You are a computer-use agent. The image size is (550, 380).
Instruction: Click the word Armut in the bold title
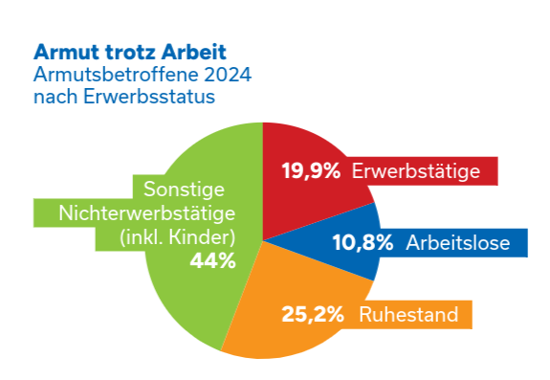click(x=62, y=50)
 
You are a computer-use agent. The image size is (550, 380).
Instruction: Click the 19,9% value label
click(x=311, y=171)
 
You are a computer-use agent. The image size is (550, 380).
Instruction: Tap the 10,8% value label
click(x=362, y=243)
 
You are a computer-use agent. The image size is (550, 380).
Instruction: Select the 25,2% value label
click(x=312, y=314)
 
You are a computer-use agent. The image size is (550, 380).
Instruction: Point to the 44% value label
click(x=212, y=261)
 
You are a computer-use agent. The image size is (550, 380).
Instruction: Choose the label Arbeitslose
click(x=466, y=243)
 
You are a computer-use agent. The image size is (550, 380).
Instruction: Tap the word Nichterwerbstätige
click(x=147, y=212)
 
